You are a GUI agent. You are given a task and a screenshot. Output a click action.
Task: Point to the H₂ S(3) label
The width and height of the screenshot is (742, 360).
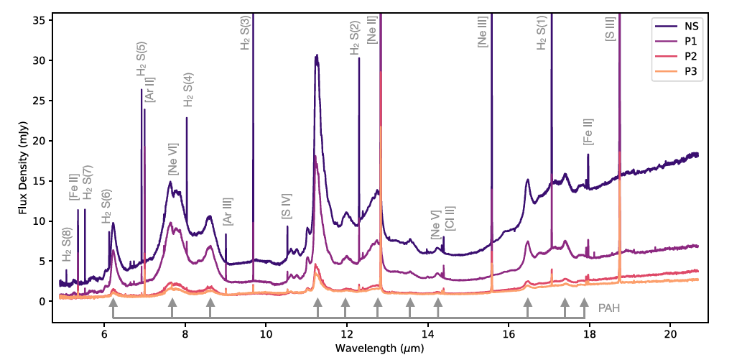245,32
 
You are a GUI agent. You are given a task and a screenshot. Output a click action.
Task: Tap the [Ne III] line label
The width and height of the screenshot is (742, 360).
482,32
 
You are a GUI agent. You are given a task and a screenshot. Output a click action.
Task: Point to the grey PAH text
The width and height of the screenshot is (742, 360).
609,308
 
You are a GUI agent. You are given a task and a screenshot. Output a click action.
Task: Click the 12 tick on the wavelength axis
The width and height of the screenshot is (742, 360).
347,333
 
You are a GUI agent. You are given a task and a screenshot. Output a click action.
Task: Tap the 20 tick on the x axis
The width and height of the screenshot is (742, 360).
671,333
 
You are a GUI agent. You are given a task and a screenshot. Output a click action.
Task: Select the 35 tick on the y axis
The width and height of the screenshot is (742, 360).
40,19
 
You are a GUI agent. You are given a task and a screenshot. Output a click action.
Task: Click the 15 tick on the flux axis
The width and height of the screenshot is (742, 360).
40,180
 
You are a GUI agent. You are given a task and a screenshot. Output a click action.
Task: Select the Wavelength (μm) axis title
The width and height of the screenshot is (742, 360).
379,349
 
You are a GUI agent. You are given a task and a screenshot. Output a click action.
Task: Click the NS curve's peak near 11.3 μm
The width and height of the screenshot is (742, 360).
316,55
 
